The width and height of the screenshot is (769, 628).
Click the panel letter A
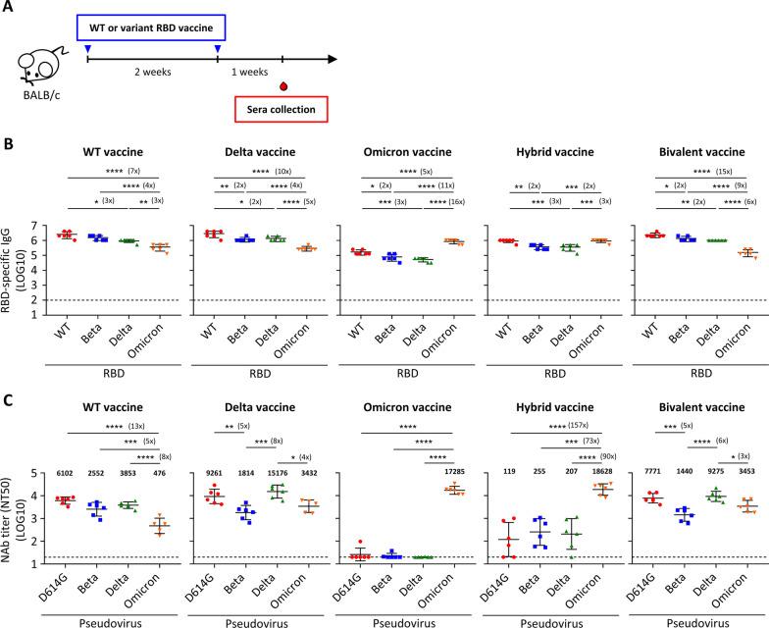click(x=9, y=8)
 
